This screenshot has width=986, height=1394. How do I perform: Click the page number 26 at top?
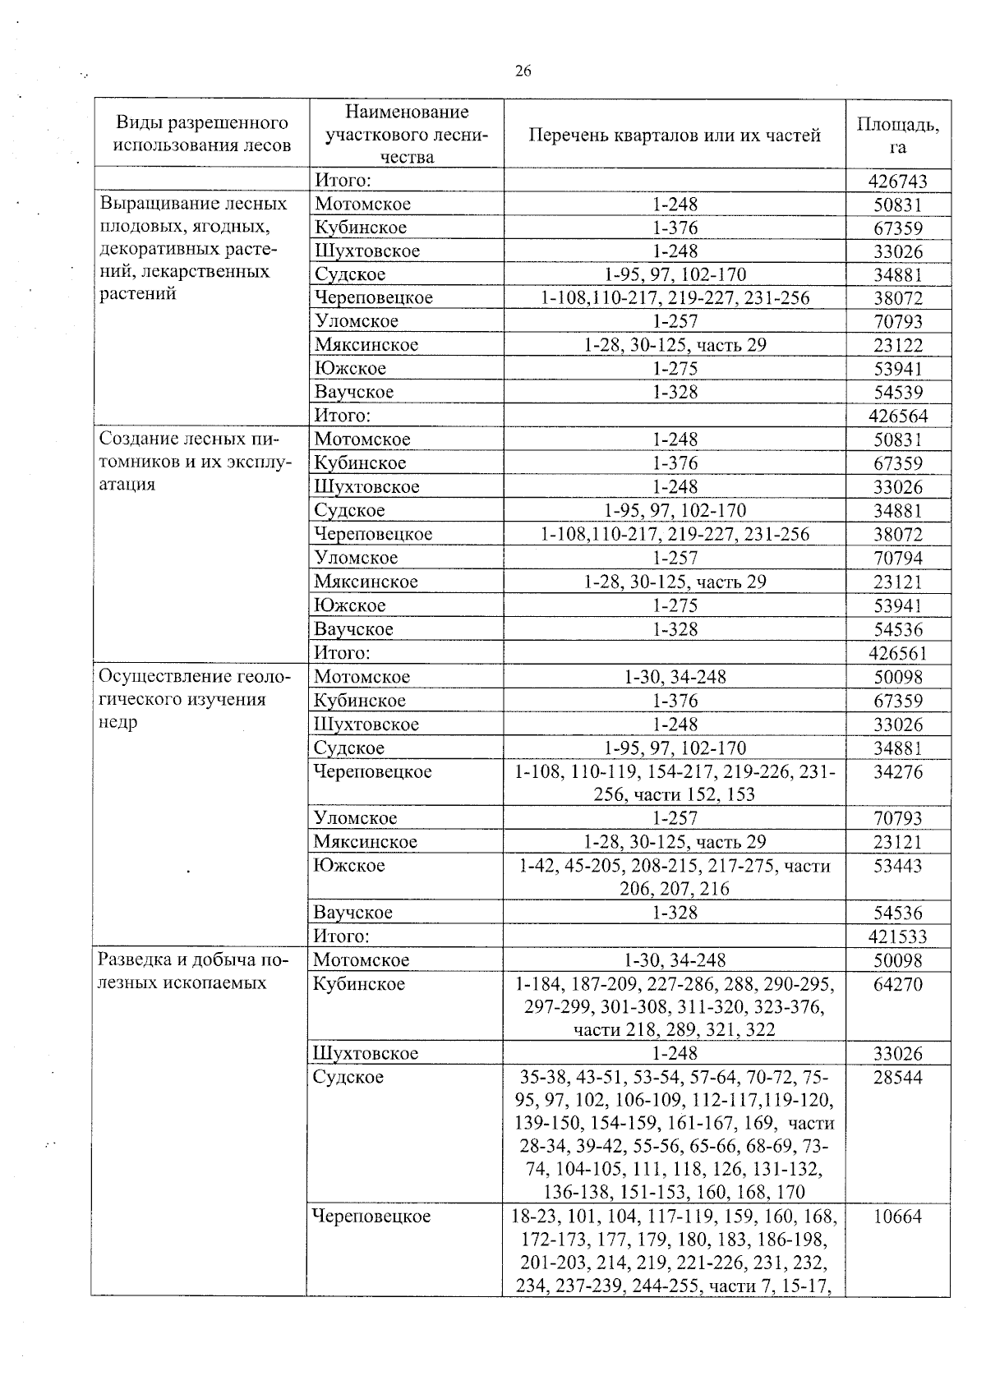523,71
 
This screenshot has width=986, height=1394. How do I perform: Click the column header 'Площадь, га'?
897,136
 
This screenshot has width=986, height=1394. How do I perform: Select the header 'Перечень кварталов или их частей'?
674,136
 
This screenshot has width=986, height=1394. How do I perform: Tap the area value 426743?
897,181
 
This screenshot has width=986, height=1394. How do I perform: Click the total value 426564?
897,416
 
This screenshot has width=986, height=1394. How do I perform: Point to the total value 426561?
897,653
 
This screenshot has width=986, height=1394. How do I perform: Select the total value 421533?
897,936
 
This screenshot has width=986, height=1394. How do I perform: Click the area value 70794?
897,559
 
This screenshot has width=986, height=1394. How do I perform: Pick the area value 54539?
897,393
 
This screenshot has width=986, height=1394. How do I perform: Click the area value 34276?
897,772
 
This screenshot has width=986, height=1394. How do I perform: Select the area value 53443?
897,866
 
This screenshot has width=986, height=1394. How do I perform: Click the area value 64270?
897,984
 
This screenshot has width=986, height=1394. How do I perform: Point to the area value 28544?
897,1078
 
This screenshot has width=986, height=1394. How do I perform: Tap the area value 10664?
897,1217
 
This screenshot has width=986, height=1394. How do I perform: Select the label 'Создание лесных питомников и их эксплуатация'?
194,462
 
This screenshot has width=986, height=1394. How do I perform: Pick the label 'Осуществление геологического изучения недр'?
194,699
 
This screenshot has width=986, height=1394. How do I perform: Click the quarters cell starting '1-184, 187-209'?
674,1006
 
